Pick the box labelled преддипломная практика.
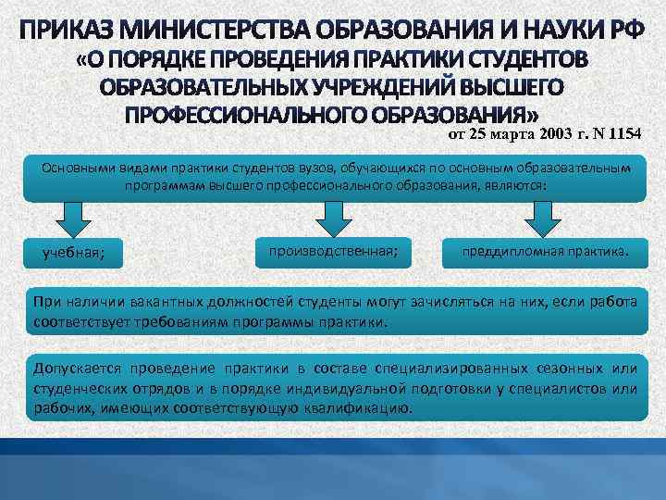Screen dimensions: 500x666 pos(539,250)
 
